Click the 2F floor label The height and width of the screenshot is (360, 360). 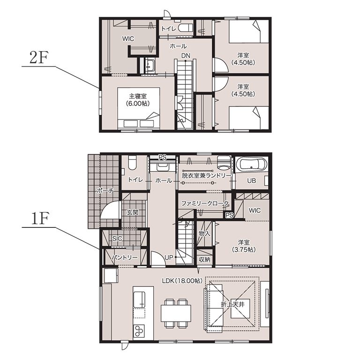39,57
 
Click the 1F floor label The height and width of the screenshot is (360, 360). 39,218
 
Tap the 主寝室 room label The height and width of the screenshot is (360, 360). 138,96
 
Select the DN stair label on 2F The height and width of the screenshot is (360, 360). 186,56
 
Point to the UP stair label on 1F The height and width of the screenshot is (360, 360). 169,258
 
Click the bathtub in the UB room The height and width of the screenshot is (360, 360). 251,164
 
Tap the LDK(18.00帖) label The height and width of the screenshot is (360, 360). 182,281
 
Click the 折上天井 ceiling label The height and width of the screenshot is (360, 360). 232,305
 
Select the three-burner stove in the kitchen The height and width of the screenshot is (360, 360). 139,331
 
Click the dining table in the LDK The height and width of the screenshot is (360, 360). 176,314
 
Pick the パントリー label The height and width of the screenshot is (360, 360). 124,258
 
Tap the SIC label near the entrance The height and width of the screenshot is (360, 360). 117,239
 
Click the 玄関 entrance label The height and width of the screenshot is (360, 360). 133,212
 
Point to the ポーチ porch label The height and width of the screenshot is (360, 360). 105,190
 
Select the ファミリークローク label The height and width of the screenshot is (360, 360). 205,203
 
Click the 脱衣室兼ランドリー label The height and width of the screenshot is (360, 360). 206,176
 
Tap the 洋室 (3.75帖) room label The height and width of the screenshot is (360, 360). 244,246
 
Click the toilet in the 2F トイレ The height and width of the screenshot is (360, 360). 185,28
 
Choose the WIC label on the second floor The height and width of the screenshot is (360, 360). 128,38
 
